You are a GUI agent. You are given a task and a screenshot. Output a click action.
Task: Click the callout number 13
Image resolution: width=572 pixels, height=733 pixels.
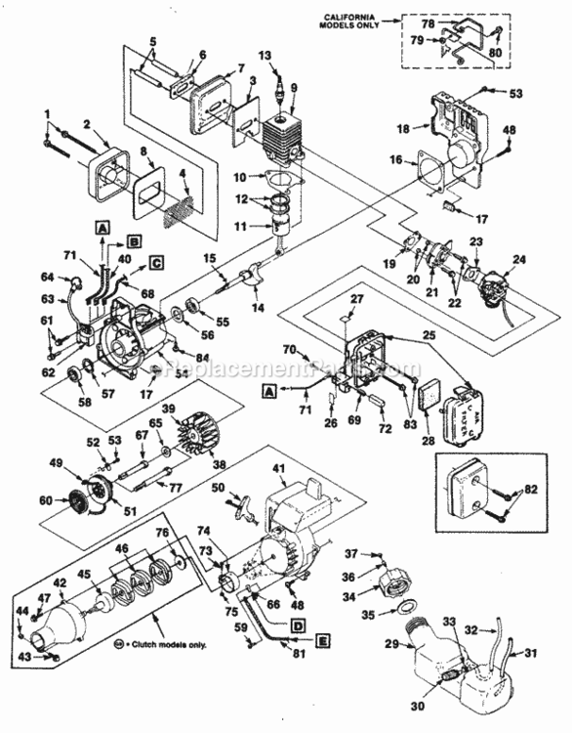tap(264, 56)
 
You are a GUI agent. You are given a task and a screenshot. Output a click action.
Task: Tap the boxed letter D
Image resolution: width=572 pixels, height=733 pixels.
tap(297, 620)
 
